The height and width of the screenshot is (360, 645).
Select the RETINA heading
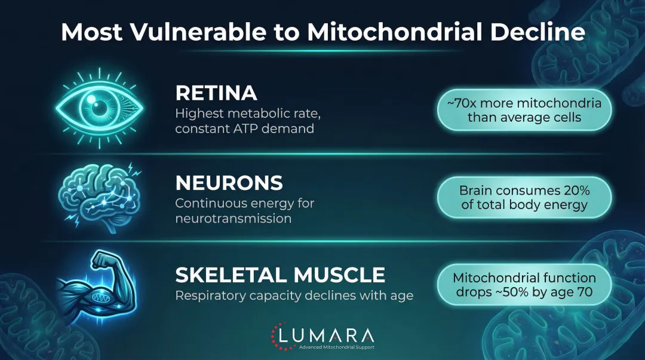[x=216, y=93]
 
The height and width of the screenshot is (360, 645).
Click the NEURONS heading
[x=229, y=182]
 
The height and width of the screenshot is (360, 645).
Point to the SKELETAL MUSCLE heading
[x=280, y=275]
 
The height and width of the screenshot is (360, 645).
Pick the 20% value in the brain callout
[x=575, y=191]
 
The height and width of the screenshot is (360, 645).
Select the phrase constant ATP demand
[x=244, y=128]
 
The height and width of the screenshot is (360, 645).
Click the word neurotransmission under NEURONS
[x=233, y=219]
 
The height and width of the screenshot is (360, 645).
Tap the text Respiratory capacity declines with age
[x=294, y=296]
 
